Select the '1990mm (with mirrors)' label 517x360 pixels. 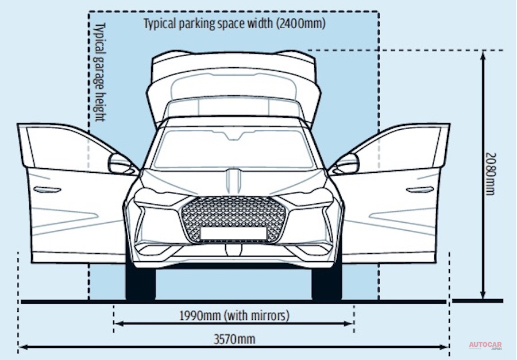tap(234, 315)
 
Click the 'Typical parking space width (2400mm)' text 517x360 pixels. tap(234, 24)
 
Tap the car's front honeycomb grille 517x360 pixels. tap(233, 218)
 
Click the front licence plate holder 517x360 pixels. tap(233, 233)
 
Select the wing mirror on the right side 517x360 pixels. tap(347, 164)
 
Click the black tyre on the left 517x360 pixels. tap(140, 282)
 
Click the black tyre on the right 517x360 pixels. tap(326, 282)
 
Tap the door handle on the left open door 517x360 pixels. tap(43, 190)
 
